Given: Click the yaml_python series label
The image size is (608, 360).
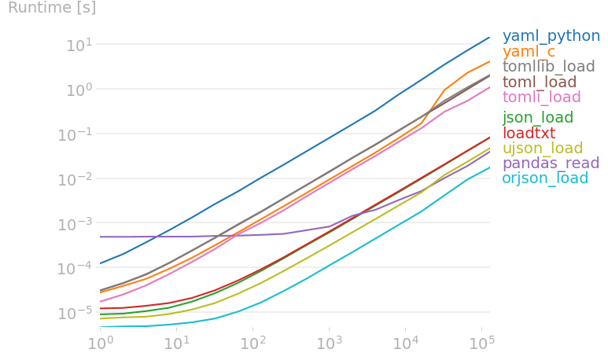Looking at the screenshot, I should (x=551, y=36).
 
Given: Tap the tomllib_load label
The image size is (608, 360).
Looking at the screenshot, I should (x=548, y=67).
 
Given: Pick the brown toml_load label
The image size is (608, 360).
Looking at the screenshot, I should (x=540, y=82).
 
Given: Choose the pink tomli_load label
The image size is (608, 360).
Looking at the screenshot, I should (x=541, y=97).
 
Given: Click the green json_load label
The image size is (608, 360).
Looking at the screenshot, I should (x=538, y=118).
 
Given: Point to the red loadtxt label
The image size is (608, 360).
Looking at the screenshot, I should (x=529, y=133).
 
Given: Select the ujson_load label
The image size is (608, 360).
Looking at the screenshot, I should (x=542, y=149).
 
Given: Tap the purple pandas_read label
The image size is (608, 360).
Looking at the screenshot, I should (x=550, y=163).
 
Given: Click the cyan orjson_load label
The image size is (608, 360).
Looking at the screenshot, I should (x=545, y=178).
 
